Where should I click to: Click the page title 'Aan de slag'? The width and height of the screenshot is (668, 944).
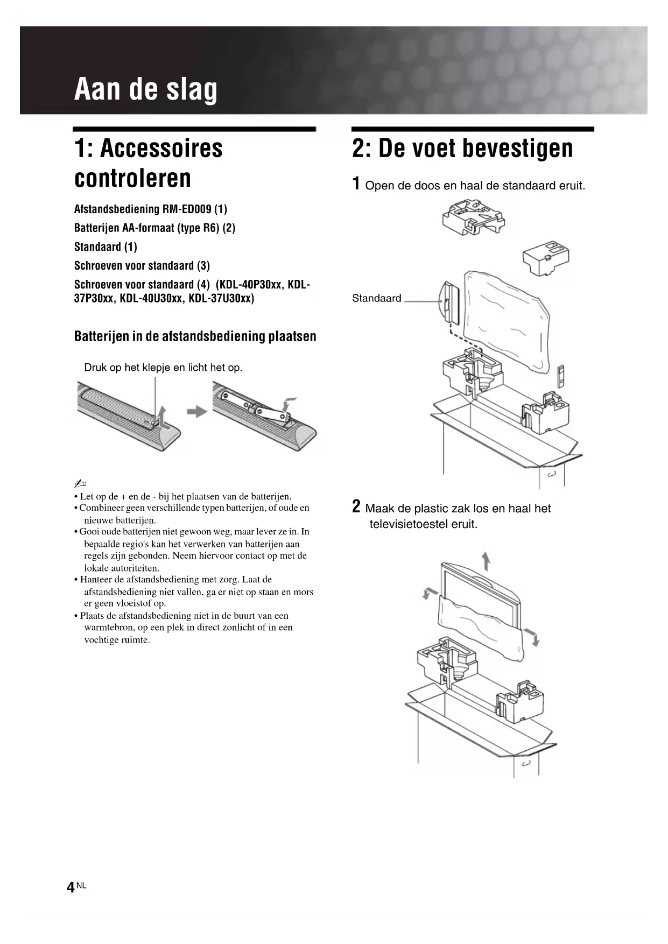point(146,89)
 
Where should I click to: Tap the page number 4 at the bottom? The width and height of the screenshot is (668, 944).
point(71,887)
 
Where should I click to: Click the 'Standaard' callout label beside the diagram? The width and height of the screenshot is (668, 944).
point(377,299)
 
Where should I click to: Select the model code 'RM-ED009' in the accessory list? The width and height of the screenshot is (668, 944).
point(187,209)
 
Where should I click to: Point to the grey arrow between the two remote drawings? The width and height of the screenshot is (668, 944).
point(197,412)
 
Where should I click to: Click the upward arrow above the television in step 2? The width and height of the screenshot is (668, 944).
point(486,561)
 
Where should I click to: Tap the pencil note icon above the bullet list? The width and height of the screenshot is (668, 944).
point(80,482)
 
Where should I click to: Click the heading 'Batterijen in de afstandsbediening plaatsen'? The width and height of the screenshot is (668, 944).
point(195,336)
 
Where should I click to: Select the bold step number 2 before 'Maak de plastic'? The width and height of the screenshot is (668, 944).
point(356,506)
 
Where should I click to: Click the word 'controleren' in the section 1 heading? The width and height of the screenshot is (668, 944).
point(132,178)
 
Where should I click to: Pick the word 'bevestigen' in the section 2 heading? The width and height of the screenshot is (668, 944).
point(513,148)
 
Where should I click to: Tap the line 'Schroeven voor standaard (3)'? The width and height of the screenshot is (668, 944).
point(142,265)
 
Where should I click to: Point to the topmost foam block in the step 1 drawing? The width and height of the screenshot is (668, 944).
point(473,218)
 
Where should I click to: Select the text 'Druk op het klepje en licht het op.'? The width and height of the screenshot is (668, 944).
point(163,368)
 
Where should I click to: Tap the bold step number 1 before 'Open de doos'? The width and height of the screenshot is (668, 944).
point(356,184)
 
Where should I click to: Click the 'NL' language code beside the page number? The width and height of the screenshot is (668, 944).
point(81,885)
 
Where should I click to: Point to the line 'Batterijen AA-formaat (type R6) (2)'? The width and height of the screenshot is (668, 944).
point(154,228)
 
